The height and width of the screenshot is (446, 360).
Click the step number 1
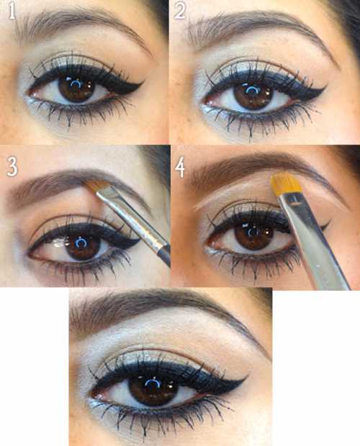coord(12,11)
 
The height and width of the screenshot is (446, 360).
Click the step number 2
coord(180,10)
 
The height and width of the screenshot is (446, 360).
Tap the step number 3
coord(12,167)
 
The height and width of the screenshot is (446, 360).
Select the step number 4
coord(180,168)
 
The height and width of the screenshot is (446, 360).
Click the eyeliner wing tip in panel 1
coord(143,81)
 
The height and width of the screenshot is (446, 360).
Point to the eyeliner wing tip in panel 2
coord(326,85)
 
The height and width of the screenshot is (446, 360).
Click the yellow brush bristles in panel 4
coord(285,184)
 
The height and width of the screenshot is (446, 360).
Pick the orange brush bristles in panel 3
coord(97,186)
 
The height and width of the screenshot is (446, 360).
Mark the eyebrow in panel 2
coord(262,32)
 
